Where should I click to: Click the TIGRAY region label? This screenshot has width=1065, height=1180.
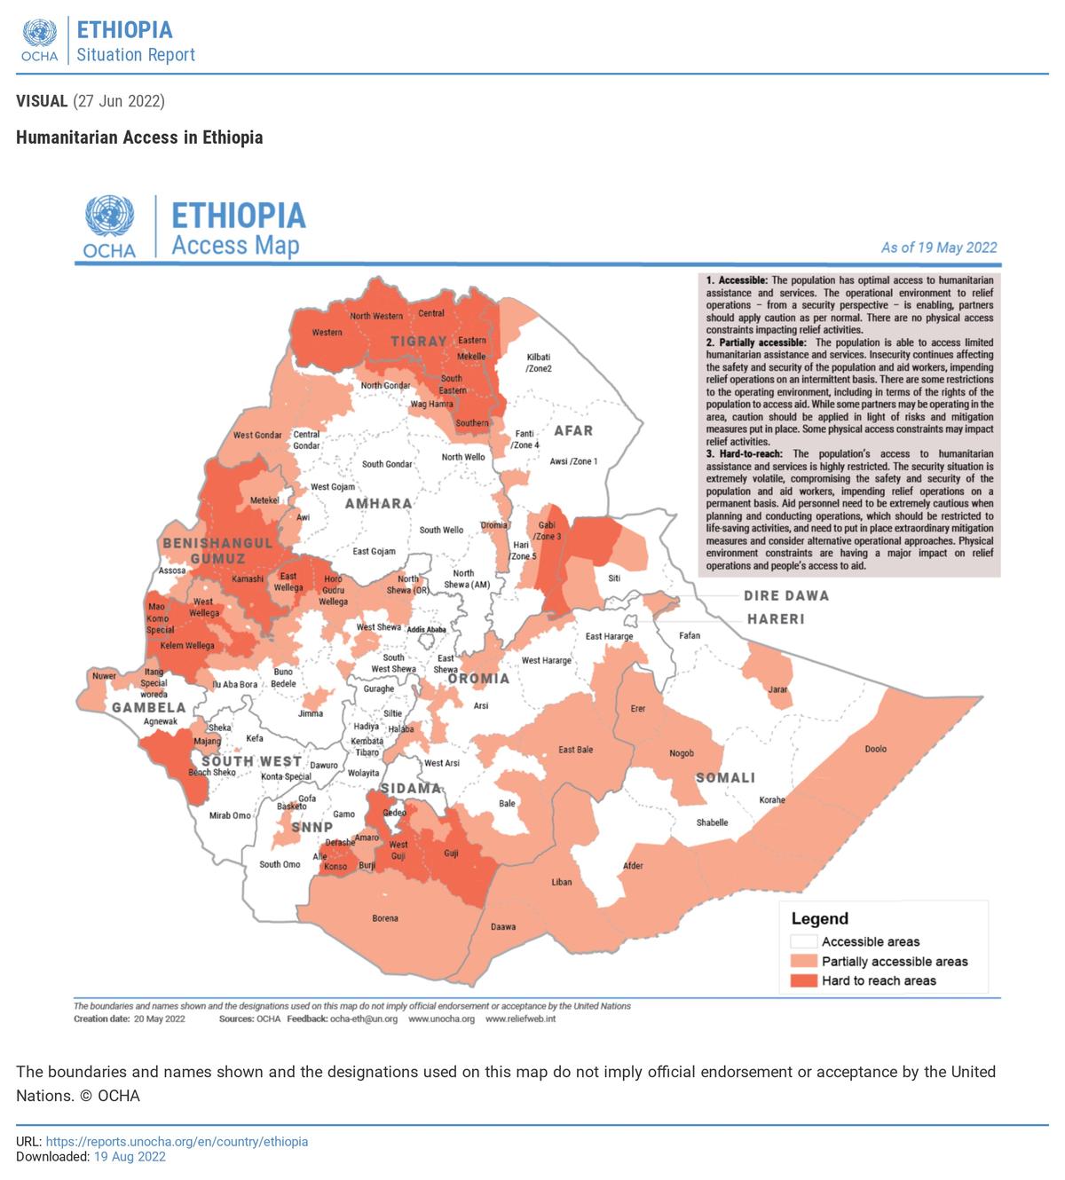click(x=419, y=342)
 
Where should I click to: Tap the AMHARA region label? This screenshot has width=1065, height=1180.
click(x=379, y=504)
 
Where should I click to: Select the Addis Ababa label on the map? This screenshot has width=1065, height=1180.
click(x=426, y=630)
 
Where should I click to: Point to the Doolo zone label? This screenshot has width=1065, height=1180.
click(x=876, y=749)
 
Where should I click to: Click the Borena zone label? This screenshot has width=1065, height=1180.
click(x=385, y=918)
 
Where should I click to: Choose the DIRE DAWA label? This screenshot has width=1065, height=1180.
click(x=786, y=596)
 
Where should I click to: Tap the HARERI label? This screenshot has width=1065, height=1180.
click(x=776, y=619)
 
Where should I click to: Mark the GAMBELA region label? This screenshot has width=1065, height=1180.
click(x=149, y=708)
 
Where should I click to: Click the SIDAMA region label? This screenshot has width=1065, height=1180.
click(x=410, y=788)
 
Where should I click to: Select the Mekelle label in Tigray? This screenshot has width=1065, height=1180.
click(x=471, y=357)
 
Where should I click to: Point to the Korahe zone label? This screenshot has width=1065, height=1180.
click(x=772, y=800)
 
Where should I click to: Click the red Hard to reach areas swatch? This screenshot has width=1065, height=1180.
click(x=804, y=980)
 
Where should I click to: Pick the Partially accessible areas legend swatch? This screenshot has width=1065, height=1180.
click(x=804, y=962)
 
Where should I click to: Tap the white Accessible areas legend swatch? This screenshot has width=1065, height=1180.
click(x=804, y=942)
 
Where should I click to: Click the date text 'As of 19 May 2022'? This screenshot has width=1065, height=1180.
click(x=939, y=248)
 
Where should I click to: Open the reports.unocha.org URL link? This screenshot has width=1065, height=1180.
click(x=177, y=1142)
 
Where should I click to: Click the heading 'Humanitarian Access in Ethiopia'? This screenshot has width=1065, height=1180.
click(x=139, y=138)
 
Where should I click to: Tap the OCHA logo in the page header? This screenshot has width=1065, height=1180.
click(x=40, y=41)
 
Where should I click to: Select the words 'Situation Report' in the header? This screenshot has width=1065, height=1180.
click(x=136, y=55)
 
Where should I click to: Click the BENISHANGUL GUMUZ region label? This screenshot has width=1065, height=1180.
click(x=217, y=551)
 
